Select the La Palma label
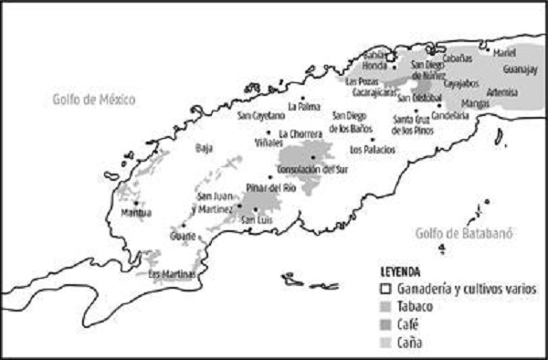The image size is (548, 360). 302,106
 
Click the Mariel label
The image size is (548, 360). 503,52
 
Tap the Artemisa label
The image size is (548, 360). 502,92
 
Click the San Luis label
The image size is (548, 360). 254,219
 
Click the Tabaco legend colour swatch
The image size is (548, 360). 386,307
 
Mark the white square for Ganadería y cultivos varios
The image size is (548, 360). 386,289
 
